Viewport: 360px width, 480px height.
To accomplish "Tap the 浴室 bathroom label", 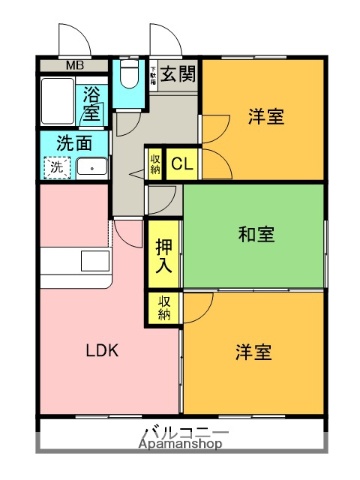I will coord(92,105).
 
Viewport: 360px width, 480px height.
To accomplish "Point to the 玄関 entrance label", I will coord(180,75).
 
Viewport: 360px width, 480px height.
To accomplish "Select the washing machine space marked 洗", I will coord(55,166).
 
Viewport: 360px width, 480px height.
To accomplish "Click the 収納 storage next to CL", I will coord(156,163).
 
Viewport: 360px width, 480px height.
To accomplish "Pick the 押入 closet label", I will coord(163,256).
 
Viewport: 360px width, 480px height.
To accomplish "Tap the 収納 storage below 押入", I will coord(163,309).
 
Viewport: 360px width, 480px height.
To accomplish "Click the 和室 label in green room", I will coord(257,235).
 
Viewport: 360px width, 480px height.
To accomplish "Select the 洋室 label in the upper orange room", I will coord(266,116).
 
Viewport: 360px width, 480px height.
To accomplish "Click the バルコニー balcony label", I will coord(184,432).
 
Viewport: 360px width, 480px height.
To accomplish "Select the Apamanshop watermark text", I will coord(184,445).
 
